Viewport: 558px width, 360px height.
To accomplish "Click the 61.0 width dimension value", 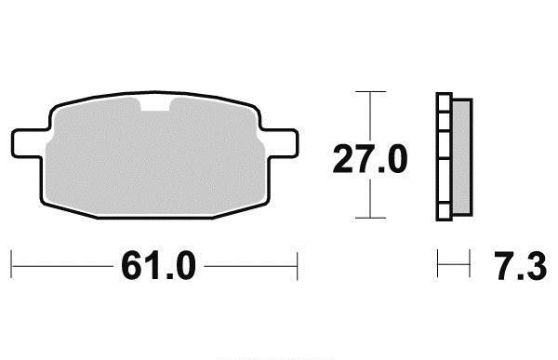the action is click(x=158, y=266).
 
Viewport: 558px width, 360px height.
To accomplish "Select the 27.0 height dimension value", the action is click(x=370, y=159).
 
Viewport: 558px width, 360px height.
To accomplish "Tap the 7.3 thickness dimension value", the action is click(x=520, y=266).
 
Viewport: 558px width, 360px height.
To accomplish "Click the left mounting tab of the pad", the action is click(x=29, y=142).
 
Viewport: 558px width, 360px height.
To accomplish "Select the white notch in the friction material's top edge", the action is click(x=155, y=103).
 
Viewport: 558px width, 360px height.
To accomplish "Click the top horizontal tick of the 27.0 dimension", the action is click(x=370, y=91).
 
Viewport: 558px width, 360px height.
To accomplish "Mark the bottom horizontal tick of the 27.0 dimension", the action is click(x=370, y=218).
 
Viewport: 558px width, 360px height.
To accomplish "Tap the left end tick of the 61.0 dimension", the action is click(x=11, y=264).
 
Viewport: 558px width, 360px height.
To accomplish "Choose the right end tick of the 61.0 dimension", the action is click(x=298, y=266).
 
